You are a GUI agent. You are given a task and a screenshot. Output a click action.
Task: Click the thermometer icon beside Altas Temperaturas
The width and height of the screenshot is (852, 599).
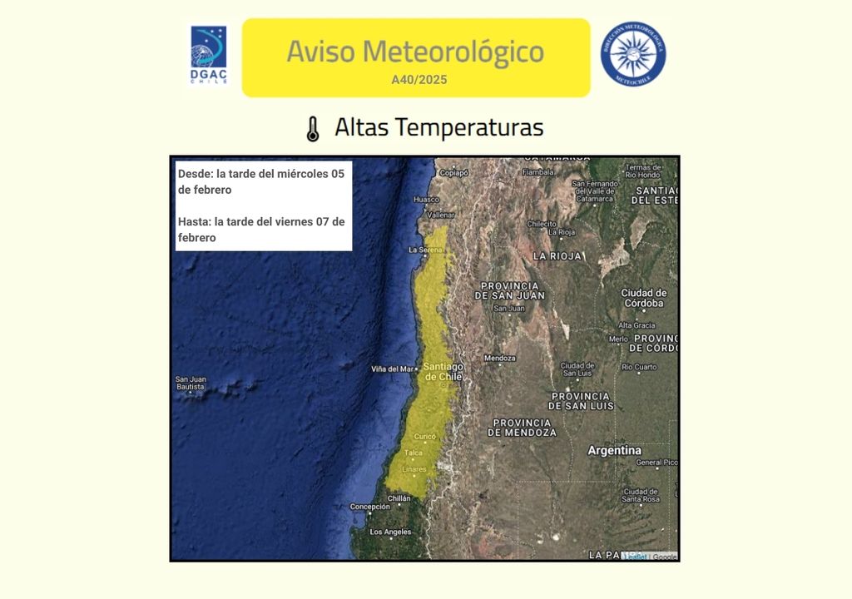pyautogui.click(x=313, y=129)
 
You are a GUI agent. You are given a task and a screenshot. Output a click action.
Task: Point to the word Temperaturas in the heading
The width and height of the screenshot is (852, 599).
pyautogui.click(x=468, y=127)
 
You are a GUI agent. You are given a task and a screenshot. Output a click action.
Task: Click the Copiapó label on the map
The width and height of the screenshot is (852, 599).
pyautogui.click(x=453, y=173)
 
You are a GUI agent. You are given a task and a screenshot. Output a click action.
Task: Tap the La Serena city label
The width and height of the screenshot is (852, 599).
pyautogui.click(x=424, y=250)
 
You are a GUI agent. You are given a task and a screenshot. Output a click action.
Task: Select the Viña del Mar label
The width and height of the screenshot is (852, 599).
pyautogui.click(x=392, y=369)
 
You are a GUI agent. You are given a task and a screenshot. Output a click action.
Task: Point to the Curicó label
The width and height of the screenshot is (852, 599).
pyautogui.click(x=425, y=436)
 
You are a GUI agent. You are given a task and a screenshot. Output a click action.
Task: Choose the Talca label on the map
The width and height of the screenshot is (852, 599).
pyautogui.click(x=413, y=453)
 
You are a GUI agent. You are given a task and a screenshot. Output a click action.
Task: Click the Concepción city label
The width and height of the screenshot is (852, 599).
pyautogui.click(x=369, y=506)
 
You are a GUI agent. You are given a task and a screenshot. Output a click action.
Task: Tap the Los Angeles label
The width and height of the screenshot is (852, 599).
pyautogui.click(x=390, y=532)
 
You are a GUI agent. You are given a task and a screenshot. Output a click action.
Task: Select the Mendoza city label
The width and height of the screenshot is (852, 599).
pyautogui.click(x=500, y=359)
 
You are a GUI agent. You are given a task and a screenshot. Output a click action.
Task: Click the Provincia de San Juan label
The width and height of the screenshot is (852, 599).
pyautogui.click(x=510, y=290)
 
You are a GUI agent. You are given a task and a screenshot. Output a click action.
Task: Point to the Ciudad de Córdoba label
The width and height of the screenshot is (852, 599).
pyautogui.click(x=644, y=298)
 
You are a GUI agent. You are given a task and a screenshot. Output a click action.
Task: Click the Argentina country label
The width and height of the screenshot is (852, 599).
pyautogui.click(x=615, y=450)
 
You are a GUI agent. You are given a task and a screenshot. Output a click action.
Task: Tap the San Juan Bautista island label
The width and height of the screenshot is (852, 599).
pyautogui.click(x=191, y=383)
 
